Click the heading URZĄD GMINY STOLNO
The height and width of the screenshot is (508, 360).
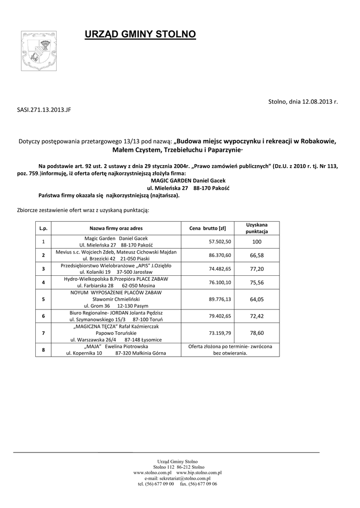click(x=141, y=34)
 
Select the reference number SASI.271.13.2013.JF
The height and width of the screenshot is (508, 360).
click(x=44, y=110)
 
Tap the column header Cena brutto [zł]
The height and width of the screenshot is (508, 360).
click(x=208, y=228)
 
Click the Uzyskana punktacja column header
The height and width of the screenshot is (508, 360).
click(x=257, y=228)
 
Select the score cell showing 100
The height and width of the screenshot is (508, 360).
click(x=257, y=242)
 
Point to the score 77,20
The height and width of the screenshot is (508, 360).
click(x=257, y=268)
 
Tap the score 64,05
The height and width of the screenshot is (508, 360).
click(x=257, y=299)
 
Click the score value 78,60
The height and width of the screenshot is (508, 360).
click(x=257, y=333)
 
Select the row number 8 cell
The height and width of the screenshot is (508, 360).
click(x=44, y=350)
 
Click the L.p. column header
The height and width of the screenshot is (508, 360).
click(x=44, y=228)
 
